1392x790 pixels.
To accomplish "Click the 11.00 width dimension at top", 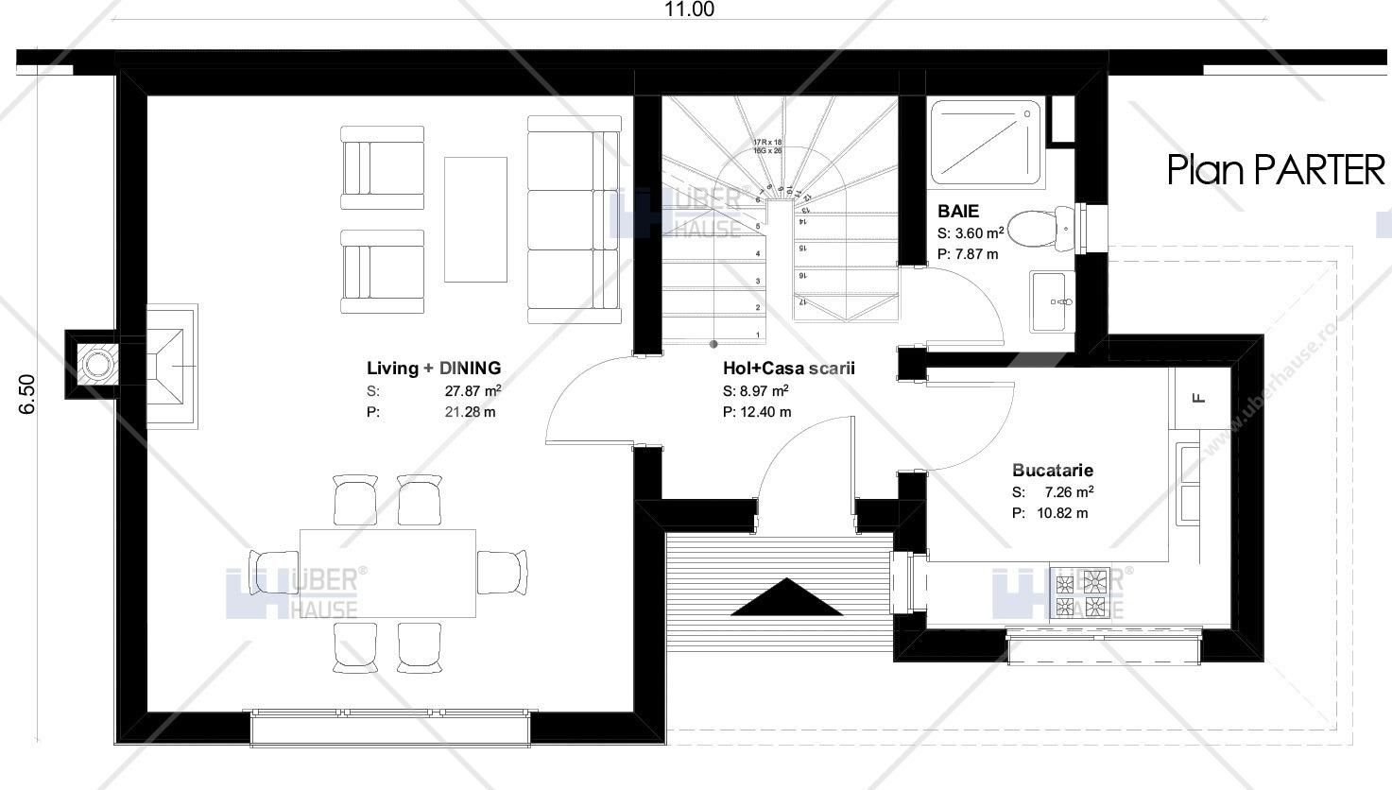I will (689, 10).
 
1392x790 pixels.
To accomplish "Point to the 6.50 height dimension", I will (27, 393).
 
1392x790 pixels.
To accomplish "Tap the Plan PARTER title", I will (1276, 171).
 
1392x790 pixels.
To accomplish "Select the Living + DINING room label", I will (434, 369).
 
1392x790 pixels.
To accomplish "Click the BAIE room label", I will (958, 211).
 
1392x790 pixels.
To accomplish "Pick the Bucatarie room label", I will (1052, 470).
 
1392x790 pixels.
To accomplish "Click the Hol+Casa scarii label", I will (788, 369).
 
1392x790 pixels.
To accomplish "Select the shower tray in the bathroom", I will (988, 142).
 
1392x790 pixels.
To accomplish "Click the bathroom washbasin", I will (1053, 301).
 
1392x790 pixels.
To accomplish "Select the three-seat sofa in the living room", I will (574, 219).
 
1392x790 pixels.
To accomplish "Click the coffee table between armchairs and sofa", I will (475, 219).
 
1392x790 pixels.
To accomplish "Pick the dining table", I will (387, 573).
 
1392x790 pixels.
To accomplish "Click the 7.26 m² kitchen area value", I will (1069, 492).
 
